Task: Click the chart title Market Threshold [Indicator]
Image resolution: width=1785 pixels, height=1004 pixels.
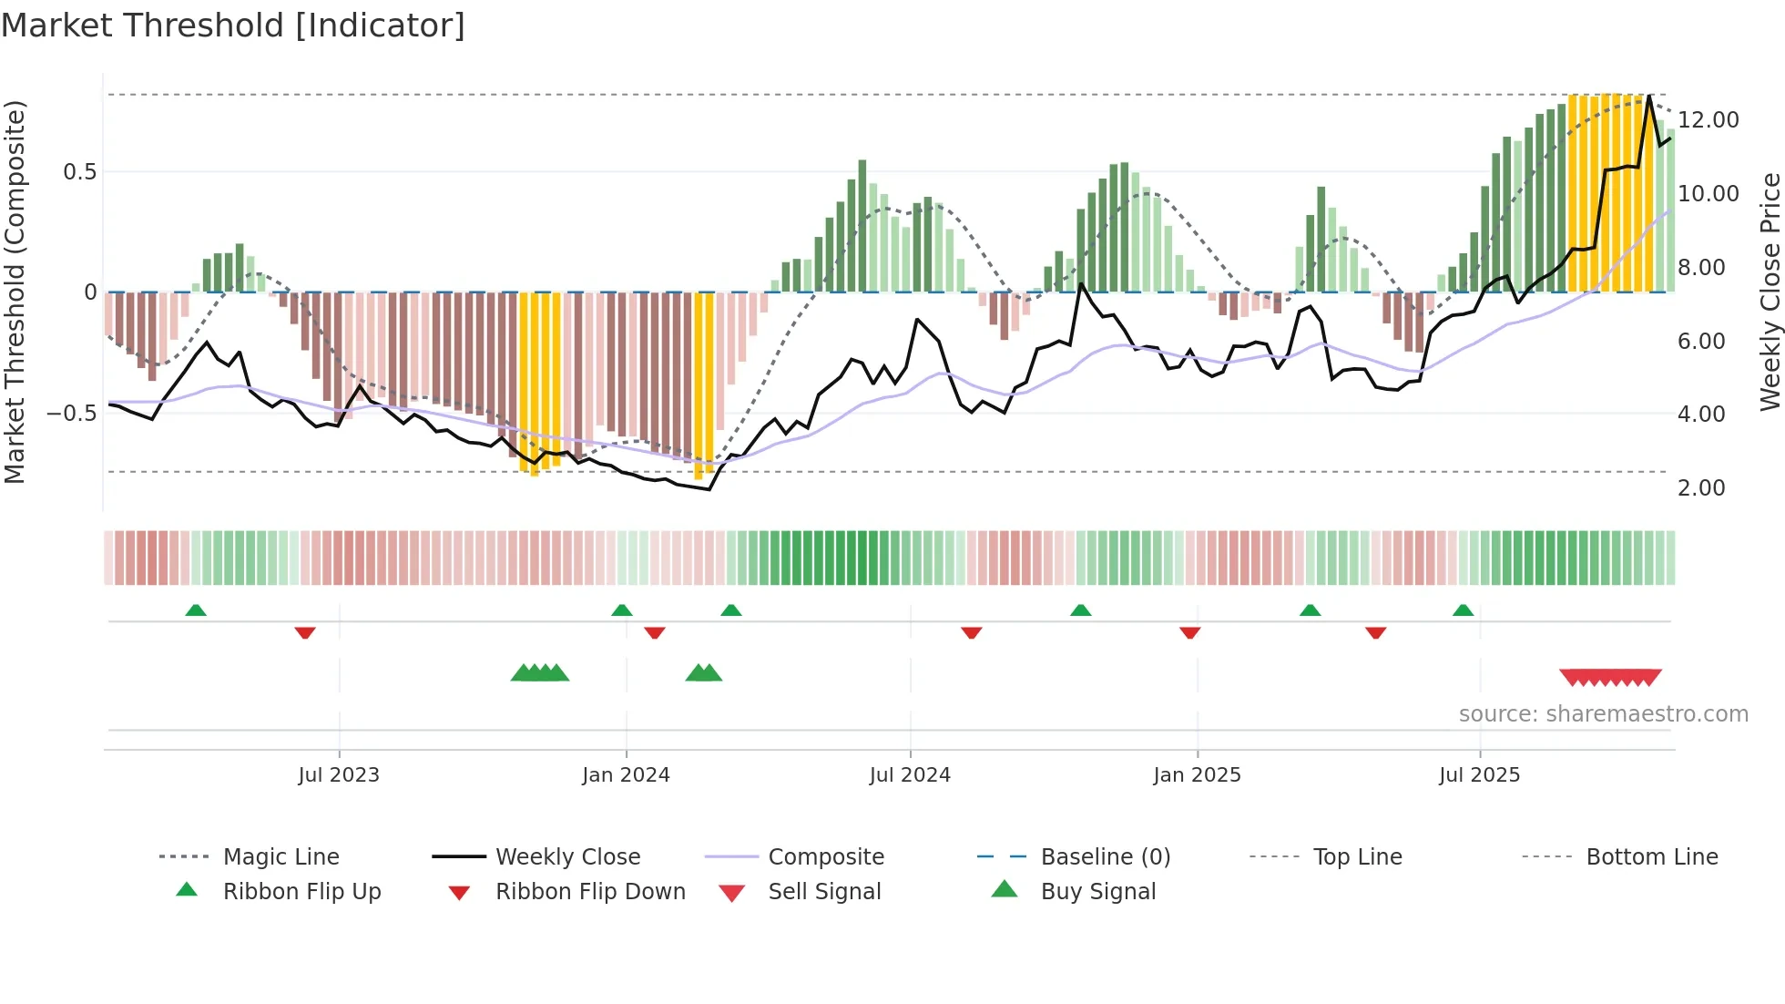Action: pos(233,26)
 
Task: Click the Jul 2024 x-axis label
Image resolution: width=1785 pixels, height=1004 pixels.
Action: pos(910,774)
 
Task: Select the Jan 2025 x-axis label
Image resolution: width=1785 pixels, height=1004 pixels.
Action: pos(1197,774)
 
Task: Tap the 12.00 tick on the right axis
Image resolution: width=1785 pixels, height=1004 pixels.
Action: pos(1708,119)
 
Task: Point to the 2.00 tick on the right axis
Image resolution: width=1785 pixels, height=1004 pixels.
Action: pos(1701,487)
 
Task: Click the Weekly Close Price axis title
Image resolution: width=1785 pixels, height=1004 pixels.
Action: pos(1769,292)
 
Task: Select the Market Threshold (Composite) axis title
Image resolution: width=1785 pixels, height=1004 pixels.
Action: pos(15,292)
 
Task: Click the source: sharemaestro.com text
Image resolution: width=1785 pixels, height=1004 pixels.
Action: pos(1603,713)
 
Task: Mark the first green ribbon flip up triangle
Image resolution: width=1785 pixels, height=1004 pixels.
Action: pos(196,610)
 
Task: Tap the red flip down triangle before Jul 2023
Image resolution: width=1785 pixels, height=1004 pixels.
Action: pos(305,632)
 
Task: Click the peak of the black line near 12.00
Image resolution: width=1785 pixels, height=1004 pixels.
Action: pos(1649,97)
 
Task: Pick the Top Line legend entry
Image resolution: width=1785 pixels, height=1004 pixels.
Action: pos(1357,856)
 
